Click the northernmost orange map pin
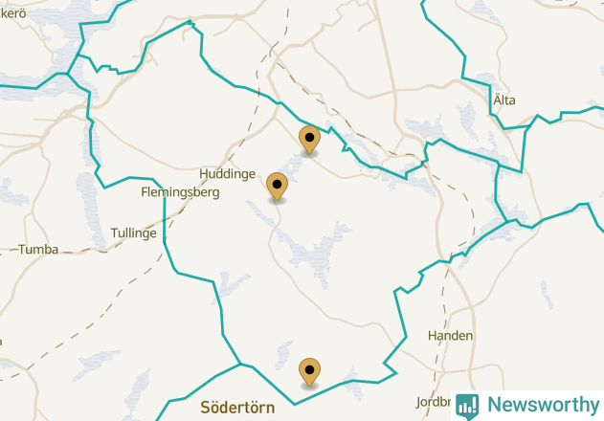coord(309,140)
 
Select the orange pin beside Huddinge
coord(278,187)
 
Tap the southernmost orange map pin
coord(309,371)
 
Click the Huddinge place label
coord(227,174)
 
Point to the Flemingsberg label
coord(180,192)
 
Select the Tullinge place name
coord(133,233)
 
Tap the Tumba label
coord(38,250)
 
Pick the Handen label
coord(450,337)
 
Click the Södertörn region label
coord(237,408)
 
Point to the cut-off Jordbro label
coord(432,403)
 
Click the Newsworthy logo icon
coord(468,405)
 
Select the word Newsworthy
coord(543,405)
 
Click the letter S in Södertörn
coord(206,408)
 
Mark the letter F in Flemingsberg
coord(145,192)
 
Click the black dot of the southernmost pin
coord(309,366)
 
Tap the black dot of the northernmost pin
coord(309,135)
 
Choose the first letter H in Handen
coord(432,337)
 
